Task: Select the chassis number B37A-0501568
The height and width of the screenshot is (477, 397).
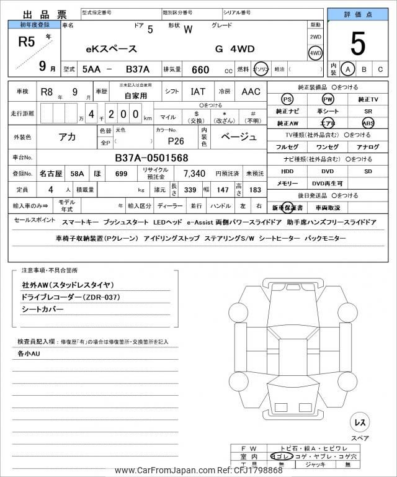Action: (151, 158)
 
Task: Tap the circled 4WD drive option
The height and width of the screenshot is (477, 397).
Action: (316, 53)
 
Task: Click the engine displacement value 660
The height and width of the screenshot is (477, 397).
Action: (200, 70)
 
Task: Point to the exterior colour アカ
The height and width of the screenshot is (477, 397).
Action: (67, 137)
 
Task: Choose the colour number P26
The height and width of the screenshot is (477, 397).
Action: (176, 141)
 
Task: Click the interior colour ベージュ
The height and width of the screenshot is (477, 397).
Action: (239, 137)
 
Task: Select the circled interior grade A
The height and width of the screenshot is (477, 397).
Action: (348, 69)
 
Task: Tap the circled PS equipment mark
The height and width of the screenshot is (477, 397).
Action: (287, 99)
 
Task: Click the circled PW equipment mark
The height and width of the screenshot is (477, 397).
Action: (328, 99)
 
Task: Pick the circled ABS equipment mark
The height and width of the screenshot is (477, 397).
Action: (368, 123)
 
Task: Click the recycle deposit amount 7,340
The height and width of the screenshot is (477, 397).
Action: (194, 173)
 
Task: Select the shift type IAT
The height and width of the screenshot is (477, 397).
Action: (198, 92)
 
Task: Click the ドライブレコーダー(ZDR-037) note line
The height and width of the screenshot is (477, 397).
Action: (70, 297)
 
